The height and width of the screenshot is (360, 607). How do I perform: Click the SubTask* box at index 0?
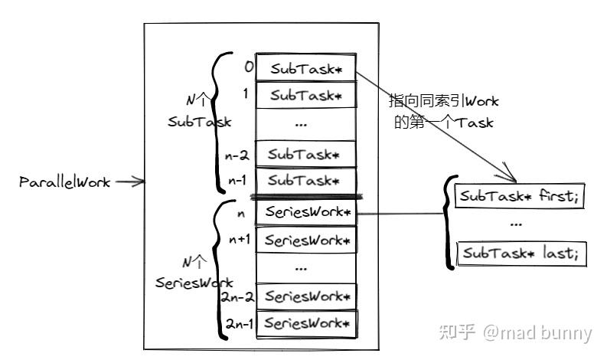click(306, 67)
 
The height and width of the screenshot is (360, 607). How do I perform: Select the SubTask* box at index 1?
click(306, 94)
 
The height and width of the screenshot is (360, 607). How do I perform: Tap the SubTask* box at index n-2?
click(306, 154)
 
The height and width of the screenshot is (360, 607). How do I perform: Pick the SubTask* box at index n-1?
click(306, 180)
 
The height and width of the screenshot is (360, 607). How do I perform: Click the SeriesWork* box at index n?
click(306, 212)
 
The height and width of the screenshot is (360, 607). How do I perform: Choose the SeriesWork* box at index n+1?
click(306, 241)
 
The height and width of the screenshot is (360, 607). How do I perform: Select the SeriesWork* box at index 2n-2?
click(306, 296)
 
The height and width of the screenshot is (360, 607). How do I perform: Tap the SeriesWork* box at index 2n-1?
click(307, 324)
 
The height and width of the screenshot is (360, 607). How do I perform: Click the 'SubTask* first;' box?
click(519, 195)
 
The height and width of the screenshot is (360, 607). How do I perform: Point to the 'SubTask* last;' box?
click(521, 254)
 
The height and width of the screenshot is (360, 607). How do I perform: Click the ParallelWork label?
click(64, 182)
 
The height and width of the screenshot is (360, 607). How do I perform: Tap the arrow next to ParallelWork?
click(130, 181)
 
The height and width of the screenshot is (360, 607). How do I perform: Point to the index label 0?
click(249, 67)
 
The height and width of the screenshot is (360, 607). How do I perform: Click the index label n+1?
click(240, 240)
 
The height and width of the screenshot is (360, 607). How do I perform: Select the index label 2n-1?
click(240, 323)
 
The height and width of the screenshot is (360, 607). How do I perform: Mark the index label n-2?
click(237, 155)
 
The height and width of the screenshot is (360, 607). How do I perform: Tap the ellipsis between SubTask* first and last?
click(516, 224)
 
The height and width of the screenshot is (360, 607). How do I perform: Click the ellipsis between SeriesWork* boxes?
click(301, 268)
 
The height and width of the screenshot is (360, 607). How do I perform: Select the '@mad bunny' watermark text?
click(537, 333)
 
